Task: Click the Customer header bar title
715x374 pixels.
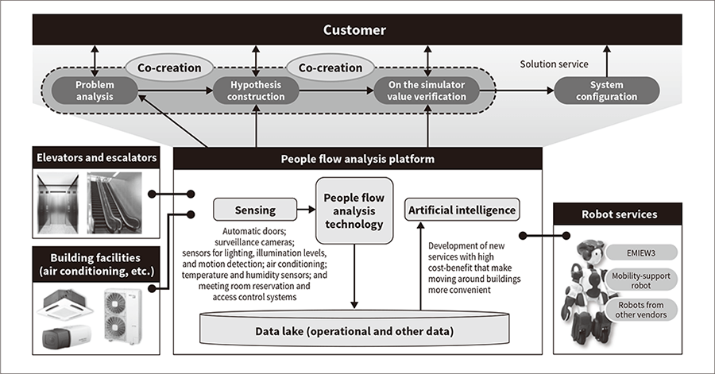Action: [354, 31]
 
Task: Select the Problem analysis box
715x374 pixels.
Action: [95, 91]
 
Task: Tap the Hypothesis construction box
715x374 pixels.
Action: [256, 91]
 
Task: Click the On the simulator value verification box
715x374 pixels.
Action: [427, 91]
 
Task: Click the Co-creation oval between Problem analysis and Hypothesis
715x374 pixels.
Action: [170, 67]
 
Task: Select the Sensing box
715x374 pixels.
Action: [255, 210]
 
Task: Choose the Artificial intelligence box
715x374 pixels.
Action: [462, 210]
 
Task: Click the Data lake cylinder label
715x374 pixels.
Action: [355, 330]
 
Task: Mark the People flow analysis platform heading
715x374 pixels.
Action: [357, 158]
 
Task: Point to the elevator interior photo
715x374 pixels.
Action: [56, 202]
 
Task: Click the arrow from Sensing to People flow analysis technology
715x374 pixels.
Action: [306, 210]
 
